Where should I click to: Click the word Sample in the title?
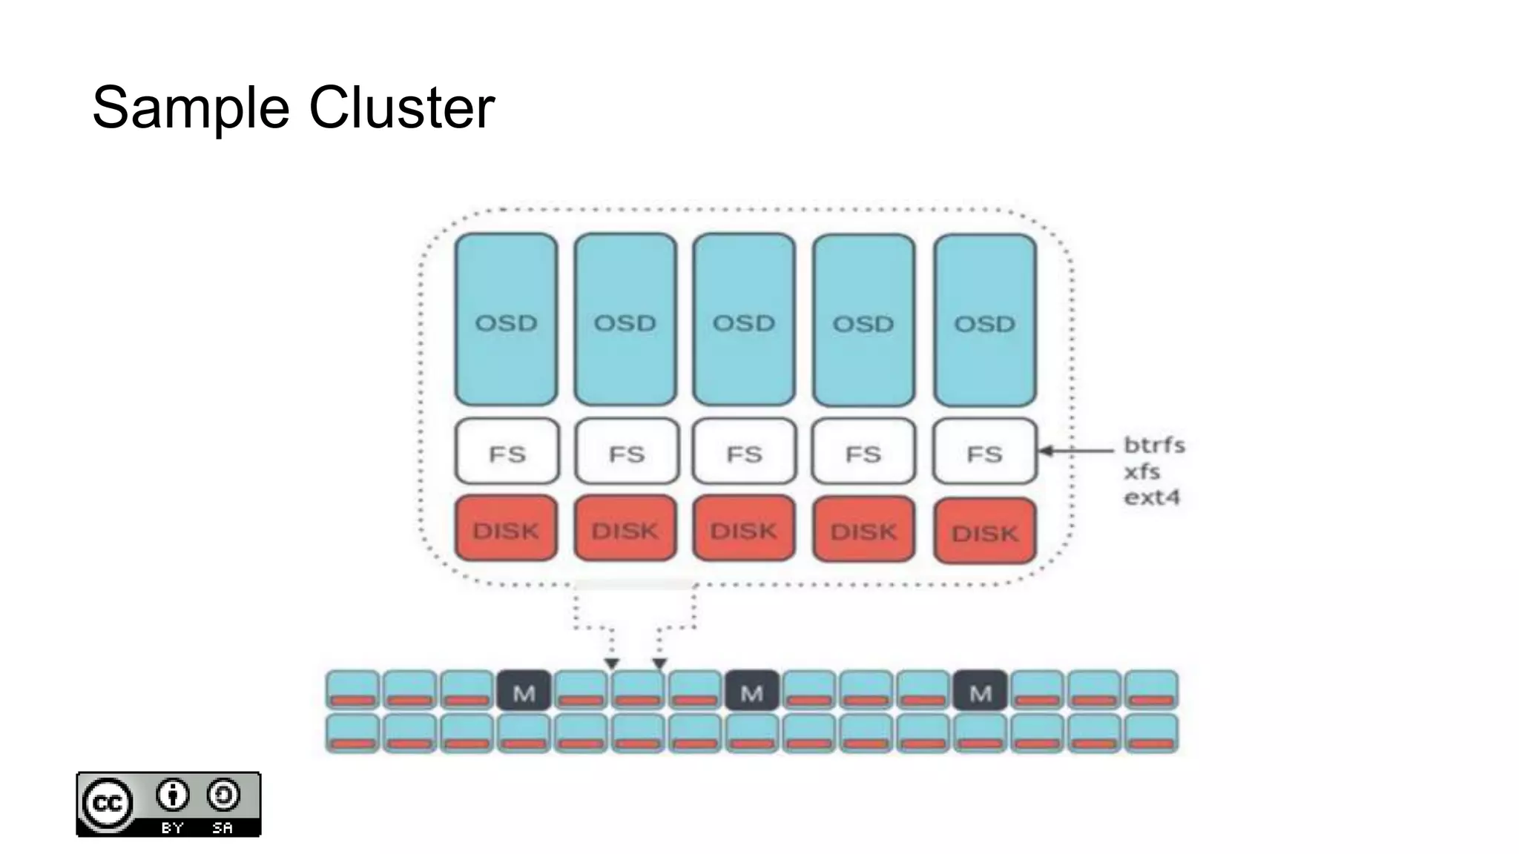tap(190, 108)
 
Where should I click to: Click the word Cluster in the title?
tap(401, 108)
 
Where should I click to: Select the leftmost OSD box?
tap(506, 320)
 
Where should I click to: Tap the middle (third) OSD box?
tap(744, 320)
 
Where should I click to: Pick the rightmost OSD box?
tap(984, 320)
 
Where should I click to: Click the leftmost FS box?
tap(507, 451)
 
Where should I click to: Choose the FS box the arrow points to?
tap(984, 451)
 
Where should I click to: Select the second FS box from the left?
tap(626, 451)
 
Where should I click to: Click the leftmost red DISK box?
tap(506, 529)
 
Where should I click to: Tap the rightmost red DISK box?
tap(984, 531)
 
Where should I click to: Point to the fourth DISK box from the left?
tap(863, 529)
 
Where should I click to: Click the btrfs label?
tap(1154, 446)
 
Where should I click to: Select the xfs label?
tap(1142, 471)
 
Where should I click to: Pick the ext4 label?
tap(1151, 497)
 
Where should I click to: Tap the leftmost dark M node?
tap(524, 691)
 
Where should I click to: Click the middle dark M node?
tap(751, 691)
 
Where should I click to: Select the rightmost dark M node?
tap(980, 691)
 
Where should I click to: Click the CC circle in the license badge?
tap(108, 804)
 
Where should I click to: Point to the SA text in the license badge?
tap(223, 827)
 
